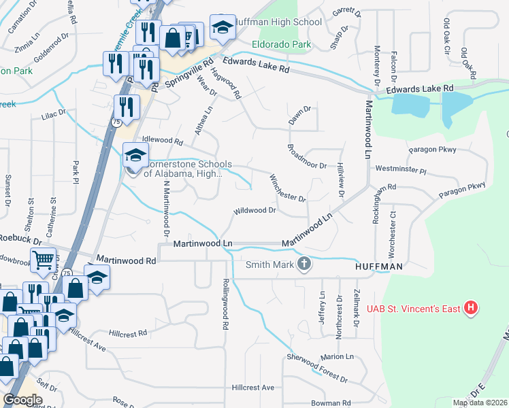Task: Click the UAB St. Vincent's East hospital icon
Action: (470, 308)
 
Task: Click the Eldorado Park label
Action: (281, 44)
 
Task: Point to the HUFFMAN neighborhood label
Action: (378, 268)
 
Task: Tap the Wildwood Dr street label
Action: (255, 211)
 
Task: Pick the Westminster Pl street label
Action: (399, 167)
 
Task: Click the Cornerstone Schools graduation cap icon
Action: (135, 156)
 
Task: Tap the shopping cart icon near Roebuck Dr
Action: (42, 259)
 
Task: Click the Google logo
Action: (22, 400)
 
